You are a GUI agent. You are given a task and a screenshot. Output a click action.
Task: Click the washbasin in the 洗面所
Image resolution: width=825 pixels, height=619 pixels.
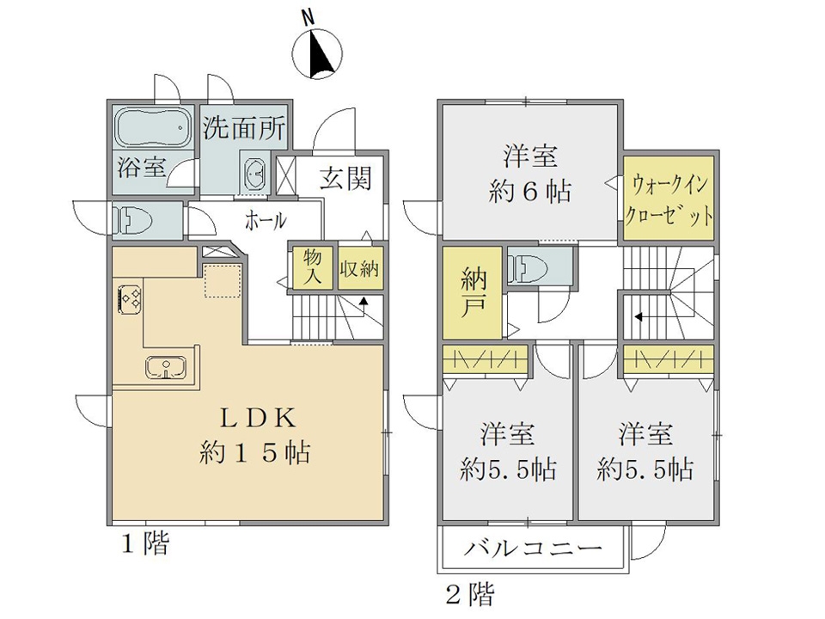click(x=256, y=172)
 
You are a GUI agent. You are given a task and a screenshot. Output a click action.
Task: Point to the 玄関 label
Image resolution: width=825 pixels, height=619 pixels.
click(x=345, y=178)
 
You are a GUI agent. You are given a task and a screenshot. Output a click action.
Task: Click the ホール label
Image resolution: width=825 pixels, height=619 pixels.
click(x=266, y=220)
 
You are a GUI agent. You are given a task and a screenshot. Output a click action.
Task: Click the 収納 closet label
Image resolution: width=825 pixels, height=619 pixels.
click(x=358, y=267)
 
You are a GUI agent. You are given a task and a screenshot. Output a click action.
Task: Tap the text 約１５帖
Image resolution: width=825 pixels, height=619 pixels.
click(x=254, y=452)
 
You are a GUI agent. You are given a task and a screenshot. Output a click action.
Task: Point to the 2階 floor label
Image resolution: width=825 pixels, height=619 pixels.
click(x=468, y=592)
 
